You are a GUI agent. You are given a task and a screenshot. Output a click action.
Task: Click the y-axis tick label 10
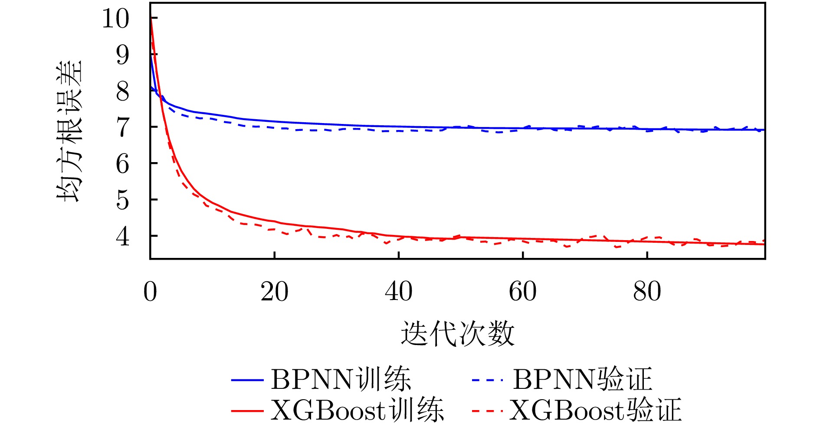[115, 19]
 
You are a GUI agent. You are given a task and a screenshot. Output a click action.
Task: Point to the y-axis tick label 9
[123, 55]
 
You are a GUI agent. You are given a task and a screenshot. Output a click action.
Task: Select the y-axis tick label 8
[123, 91]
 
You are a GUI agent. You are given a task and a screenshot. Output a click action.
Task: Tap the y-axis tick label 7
[123, 127]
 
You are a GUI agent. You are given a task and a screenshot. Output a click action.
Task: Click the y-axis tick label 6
[123, 164]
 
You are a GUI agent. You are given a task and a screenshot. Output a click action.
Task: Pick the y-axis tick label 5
[123, 200]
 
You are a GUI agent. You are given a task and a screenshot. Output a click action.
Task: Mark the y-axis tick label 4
[123, 236]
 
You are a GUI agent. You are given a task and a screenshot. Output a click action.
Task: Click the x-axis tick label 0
[150, 292]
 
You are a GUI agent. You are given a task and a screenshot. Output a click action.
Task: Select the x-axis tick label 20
[274, 292]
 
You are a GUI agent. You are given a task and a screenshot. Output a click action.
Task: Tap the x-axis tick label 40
[398, 292]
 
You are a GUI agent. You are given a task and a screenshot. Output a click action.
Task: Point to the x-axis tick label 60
[522, 292]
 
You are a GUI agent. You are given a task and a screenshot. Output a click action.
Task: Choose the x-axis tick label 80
[647, 292]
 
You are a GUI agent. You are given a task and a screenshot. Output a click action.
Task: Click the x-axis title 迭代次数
[457, 334]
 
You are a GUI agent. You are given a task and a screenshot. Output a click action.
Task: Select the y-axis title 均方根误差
[69, 131]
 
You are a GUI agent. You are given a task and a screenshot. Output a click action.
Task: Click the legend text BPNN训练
[341, 380]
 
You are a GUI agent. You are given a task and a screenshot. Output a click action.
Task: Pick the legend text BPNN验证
[582, 380]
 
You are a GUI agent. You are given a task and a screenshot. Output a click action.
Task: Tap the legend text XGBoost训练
[357, 410]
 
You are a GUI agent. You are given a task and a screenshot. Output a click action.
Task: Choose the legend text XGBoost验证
[595, 410]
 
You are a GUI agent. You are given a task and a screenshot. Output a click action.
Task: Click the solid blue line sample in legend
[247, 381]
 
